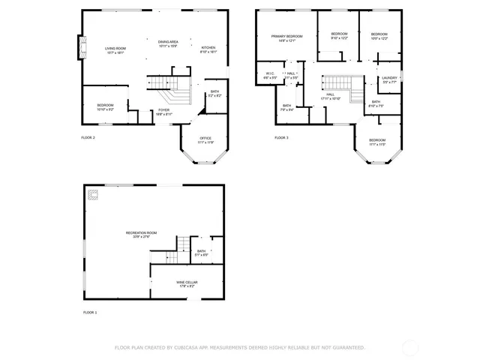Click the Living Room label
[115, 49]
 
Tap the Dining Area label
[168, 44]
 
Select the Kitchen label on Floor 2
[208, 49]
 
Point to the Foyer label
[163, 112]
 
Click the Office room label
[205, 140]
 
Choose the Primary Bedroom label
[286, 38]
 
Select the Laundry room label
[388, 79]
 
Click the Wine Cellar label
[186, 284]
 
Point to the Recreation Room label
[141, 235]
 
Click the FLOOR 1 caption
[90, 312]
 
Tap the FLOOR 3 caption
[281, 138]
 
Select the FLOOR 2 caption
[88, 138]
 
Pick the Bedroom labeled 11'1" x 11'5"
[376, 142]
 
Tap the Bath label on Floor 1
[200, 253]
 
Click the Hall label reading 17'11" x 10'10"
[330, 96]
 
